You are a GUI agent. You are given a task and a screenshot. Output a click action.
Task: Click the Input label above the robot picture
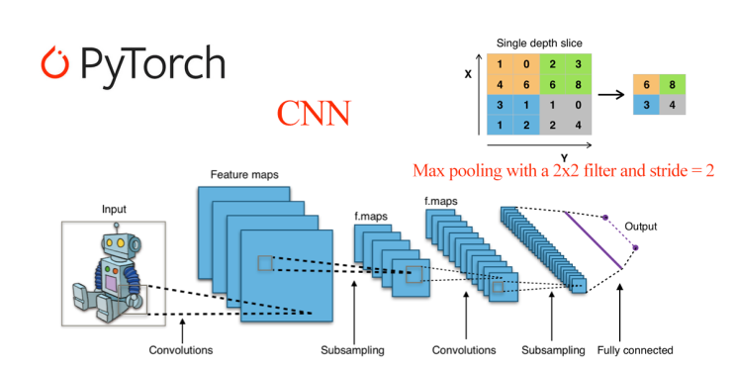pos(114,210)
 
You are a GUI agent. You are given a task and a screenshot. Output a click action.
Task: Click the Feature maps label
pos(243,175)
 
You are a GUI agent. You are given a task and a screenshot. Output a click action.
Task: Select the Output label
pos(640,227)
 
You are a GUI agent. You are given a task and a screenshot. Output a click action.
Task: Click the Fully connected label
pos(635,350)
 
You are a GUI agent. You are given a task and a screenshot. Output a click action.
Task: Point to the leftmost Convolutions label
pos(180,350)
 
